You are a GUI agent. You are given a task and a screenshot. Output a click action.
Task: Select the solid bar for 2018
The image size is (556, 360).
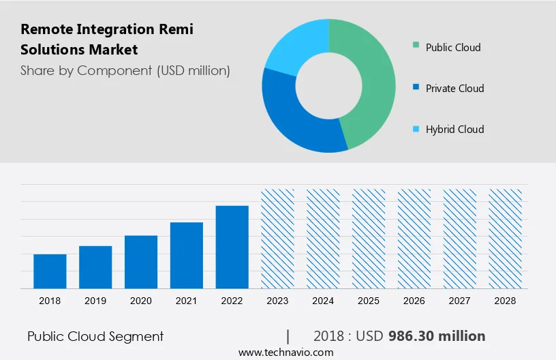tap(50, 271)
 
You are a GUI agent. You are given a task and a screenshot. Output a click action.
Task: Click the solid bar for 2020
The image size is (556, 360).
tap(141, 262)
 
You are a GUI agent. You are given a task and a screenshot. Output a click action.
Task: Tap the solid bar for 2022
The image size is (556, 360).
tap(232, 247)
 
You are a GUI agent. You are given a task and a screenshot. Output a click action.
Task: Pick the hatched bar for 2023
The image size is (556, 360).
tap(278, 239)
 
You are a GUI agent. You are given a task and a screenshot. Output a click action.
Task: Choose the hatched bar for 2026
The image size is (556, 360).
tap(414, 239)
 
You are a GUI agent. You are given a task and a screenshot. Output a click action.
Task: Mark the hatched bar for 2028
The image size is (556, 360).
tap(506, 239)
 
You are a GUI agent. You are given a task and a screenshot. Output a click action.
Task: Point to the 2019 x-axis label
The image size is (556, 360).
tap(95, 301)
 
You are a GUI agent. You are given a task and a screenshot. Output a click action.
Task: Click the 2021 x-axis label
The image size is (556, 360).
tap(187, 301)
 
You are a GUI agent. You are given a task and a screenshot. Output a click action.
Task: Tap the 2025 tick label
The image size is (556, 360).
tap(369, 301)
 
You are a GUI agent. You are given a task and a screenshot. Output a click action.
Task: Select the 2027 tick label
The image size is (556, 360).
tap(460, 301)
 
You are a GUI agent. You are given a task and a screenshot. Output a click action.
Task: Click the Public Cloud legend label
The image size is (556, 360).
tap(453, 48)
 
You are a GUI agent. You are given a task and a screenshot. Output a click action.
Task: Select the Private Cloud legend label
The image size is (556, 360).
tap(454, 89)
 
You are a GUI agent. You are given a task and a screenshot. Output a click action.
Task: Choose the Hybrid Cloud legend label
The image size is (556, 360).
tap(454, 130)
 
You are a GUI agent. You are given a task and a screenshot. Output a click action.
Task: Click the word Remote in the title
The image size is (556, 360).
tap(46, 30)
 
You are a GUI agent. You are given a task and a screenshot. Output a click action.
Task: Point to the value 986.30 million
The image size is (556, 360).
tap(437, 336)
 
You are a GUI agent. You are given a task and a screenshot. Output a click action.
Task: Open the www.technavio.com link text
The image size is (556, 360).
tap(285, 352)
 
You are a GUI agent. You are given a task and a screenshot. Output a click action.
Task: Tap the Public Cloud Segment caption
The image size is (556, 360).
tap(95, 336)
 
